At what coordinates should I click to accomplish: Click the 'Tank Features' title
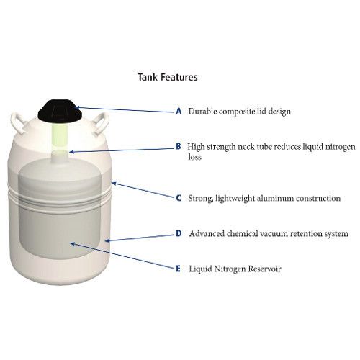[168, 77]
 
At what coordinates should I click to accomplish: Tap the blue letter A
[179, 111]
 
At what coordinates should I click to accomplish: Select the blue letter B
[179, 146]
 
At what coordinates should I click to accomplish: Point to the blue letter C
[179, 198]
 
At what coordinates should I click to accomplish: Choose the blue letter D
[179, 233]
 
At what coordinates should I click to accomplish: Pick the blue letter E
[178, 269]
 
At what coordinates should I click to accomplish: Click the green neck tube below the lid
[60, 136]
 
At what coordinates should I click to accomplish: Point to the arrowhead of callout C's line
[114, 184]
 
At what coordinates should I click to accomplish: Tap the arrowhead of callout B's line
[71, 152]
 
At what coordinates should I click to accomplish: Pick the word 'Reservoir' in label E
[264, 269]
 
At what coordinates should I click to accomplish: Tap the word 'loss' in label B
[194, 157]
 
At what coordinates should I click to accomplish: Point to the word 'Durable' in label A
[202, 111]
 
